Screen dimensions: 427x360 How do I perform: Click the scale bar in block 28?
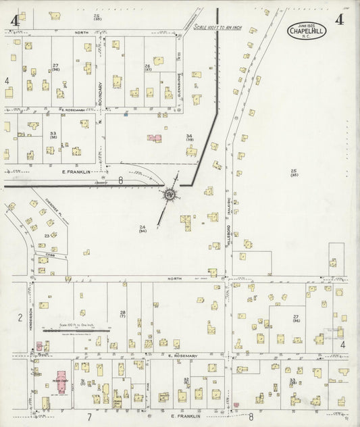(76, 330)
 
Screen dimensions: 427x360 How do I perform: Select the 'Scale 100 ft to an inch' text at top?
(217, 27)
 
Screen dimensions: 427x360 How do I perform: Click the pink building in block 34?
(155, 138)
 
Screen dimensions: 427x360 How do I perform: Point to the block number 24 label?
(143, 228)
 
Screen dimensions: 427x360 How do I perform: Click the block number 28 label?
(123, 313)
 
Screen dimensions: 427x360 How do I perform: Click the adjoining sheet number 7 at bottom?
(88, 417)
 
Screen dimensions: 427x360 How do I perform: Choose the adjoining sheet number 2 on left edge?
(20, 317)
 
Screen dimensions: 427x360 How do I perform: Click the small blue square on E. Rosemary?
(126, 115)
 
